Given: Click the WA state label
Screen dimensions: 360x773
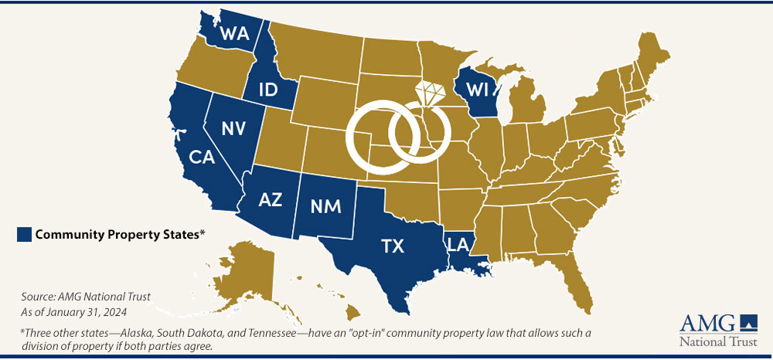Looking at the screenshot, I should click(233, 33).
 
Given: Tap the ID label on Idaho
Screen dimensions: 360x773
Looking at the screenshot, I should click(268, 90).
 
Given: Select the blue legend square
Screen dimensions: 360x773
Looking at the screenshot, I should click(23, 235).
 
